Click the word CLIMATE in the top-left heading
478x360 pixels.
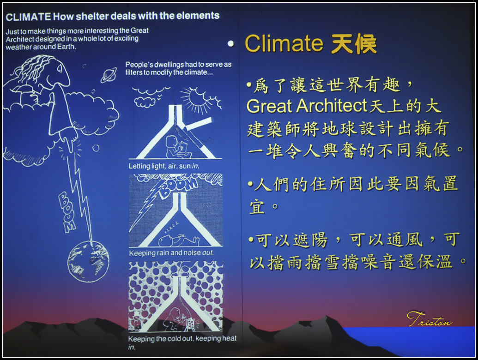tap(28, 17)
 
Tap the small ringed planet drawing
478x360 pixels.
tap(109, 75)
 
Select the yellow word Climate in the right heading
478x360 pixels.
tap(284, 43)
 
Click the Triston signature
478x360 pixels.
tap(429, 319)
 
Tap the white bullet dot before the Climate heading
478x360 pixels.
tap(231, 44)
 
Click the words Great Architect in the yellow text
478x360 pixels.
tap(307, 106)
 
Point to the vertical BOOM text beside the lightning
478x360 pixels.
tap(67, 212)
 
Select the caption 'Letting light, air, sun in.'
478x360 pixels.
tap(163, 166)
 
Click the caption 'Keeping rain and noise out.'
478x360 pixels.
tap(171, 253)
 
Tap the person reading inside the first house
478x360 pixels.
tap(177, 146)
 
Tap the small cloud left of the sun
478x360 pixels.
tap(145, 102)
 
